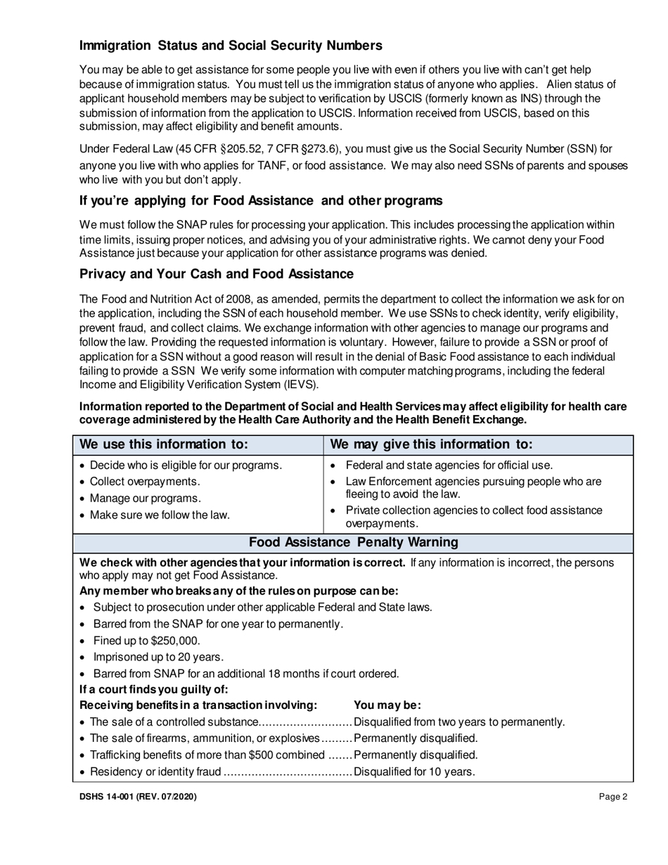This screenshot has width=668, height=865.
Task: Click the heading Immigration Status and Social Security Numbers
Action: (x=231, y=46)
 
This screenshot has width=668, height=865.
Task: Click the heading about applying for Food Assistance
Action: (x=261, y=200)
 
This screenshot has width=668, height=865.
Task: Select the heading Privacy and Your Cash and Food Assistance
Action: (x=217, y=274)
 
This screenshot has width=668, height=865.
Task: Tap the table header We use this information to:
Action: (x=164, y=444)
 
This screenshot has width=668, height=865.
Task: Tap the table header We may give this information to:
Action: (x=431, y=444)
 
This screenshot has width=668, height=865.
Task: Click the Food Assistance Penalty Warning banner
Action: (x=354, y=542)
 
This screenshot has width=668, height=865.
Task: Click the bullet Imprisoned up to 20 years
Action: (x=158, y=657)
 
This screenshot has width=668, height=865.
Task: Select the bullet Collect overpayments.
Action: (x=145, y=482)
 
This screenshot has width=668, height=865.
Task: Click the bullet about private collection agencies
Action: (x=473, y=516)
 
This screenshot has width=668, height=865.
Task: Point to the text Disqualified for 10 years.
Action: (x=415, y=771)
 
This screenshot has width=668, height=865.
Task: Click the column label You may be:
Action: (x=387, y=705)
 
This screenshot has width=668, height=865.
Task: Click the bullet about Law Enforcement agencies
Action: (x=473, y=487)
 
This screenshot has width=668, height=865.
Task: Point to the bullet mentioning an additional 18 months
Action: (x=246, y=673)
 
